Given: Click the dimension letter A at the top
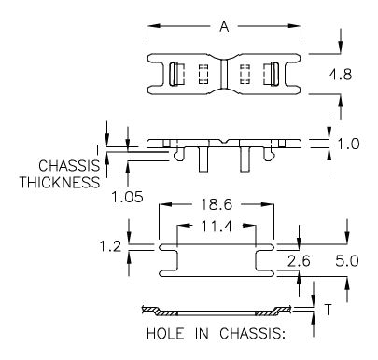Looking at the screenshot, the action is coord(224,27).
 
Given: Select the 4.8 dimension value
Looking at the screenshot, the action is coord(341,75).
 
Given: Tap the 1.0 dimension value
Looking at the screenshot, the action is coord(348,144).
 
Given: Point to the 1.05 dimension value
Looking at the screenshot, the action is coord(127,197).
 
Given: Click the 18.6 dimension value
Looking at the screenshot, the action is coord(217,204).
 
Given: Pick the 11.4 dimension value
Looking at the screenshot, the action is coord(217,227).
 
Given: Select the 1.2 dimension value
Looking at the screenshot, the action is coord(110,247).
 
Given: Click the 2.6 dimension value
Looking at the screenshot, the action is coord(299,261).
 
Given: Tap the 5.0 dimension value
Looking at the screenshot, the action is coord(347,261).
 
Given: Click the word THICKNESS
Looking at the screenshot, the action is coord(60,182).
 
